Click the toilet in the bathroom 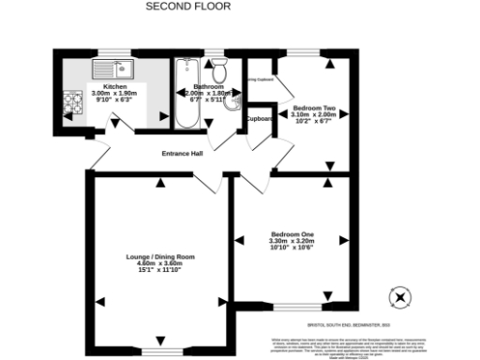click(x=220, y=70)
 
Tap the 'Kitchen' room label click(x=101, y=85)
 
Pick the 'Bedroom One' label click(x=292, y=233)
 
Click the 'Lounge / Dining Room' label click(x=160, y=256)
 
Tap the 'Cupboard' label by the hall click(x=259, y=119)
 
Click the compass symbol click(x=401, y=297)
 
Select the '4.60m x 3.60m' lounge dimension click(x=160, y=263)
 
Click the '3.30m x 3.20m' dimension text click(x=292, y=241)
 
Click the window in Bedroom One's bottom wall click(x=299, y=307)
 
